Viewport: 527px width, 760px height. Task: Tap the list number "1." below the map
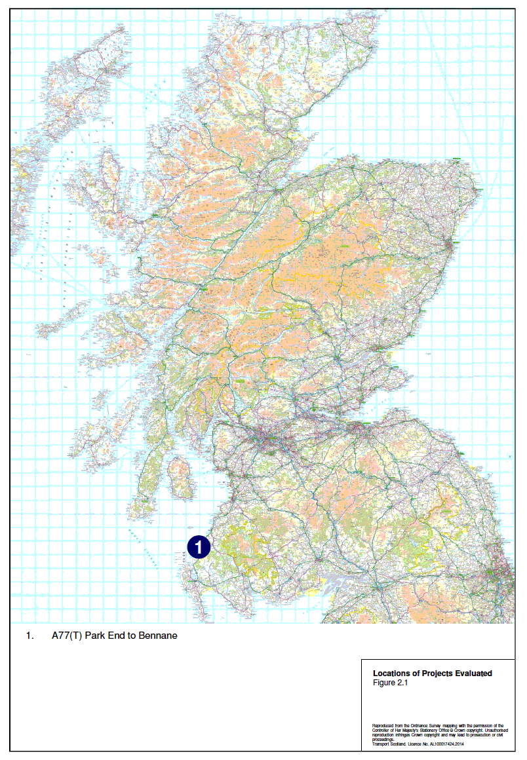(x=29, y=636)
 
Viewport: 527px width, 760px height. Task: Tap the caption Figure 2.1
(x=391, y=682)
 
